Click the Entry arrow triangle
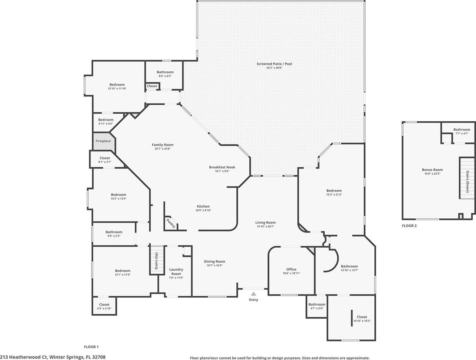(x=253, y=294)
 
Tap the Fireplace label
(x=103, y=141)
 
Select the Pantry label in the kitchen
(x=170, y=223)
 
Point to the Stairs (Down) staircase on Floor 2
(x=467, y=178)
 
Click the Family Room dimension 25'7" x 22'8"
(x=163, y=149)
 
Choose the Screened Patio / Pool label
(x=274, y=64)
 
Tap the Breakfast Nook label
(x=222, y=167)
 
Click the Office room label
(x=291, y=269)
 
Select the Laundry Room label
(x=176, y=272)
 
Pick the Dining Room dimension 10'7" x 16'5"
(x=214, y=265)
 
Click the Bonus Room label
(x=433, y=170)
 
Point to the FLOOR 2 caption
(x=409, y=226)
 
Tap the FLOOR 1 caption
(x=91, y=347)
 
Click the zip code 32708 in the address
(x=99, y=357)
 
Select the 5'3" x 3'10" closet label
(x=104, y=308)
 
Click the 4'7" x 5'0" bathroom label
(x=317, y=308)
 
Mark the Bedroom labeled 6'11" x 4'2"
(x=106, y=120)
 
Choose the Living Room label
(x=265, y=222)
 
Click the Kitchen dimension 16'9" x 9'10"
(x=203, y=210)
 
